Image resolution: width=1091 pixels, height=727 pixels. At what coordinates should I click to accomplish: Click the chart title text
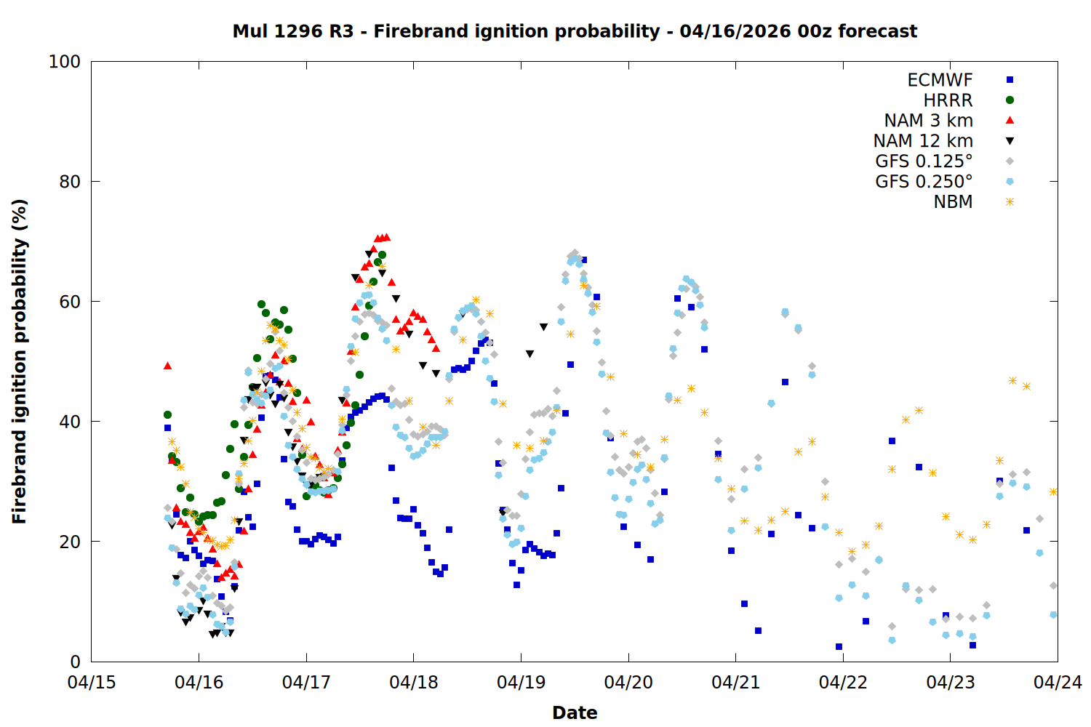pos(575,31)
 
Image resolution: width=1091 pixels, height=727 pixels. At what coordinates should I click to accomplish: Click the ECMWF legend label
pos(940,80)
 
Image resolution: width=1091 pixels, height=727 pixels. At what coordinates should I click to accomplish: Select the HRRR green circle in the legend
pos(1010,100)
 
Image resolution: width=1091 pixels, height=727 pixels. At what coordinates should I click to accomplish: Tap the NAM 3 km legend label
pos(928,121)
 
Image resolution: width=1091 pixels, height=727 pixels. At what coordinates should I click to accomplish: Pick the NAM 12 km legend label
pos(923,141)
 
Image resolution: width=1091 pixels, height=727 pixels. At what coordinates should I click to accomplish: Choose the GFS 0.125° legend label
pos(924,161)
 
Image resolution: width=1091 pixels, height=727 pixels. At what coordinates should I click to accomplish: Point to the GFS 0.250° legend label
pos(924,182)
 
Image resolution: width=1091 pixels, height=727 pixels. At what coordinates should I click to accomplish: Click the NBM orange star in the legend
pos(1010,202)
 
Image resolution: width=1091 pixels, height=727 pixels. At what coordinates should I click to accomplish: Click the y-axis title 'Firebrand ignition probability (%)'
pos(19,361)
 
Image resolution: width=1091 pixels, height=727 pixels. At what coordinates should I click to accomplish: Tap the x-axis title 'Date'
pos(575,712)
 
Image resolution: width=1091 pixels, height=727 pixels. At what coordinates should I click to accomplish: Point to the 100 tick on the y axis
pos(65,62)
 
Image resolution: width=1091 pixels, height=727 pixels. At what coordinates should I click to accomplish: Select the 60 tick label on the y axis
pos(70,302)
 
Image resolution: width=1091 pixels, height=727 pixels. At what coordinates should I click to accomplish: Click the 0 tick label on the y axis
pos(75,662)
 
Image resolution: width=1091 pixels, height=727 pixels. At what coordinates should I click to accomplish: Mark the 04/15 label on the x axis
pos(92,683)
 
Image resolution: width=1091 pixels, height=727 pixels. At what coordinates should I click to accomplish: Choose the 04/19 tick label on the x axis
pos(521,683)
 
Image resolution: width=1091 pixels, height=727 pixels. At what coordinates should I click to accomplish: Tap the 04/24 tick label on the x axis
pos(1058,683)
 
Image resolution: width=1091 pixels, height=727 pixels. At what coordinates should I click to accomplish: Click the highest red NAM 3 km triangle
pos(386,237)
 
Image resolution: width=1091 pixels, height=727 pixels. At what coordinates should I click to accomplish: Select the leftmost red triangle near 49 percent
pos(167,366)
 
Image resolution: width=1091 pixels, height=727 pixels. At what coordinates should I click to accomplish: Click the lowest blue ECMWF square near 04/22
pos(839,646)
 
